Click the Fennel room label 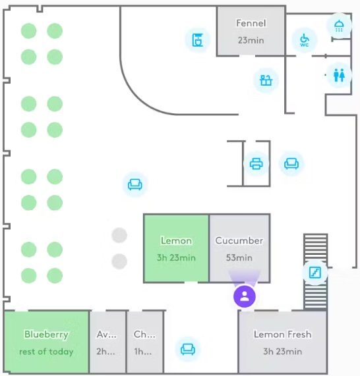pyautogui.click(x=251, y=23)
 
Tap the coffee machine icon pyautogui.click(x=197, y=40)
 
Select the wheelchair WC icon pyautogui.click(x=304, y=40)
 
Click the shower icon pyautogui.click(x=339, y=26)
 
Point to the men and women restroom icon pyautogui.click(x=339, y=75)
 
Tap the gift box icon pyautogui.click(x=266, y=80)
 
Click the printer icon pyautogui.click(x=256, y=164)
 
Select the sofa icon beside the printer pyautogui.click(x=291, y=164)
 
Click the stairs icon pyautogui.click(x=315, y=273)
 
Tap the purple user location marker pyautogui.click(x=245, y=296)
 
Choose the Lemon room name pyautogui.click(x=176, y=240)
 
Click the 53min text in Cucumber pyautogui.click(x=239, y=257)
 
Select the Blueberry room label pyautogui.click(x=46, y=335)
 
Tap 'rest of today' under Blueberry pyautogui.click(x=46, y=352)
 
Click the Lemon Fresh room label pyautogui.click(x=283, y=335)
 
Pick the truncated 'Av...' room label pyautogui.click(x=107, y=335)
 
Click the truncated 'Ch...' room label pyautogui.click(x=144, y=335)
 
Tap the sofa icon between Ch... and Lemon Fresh pyautogui.click(x=188, y=349)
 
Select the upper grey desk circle pyautogui.click(x=119, y=235)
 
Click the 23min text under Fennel pyautogui.click(x=251, y=40)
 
